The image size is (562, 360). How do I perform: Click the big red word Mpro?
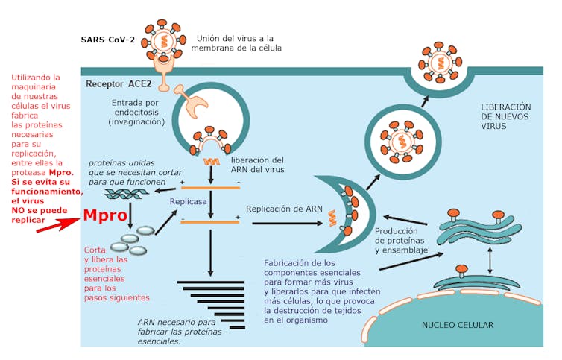(105, 215)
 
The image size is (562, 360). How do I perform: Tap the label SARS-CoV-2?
(108, 39)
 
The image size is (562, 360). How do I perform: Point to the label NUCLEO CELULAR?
(457, 325)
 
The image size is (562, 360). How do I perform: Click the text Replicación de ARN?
(284, 209)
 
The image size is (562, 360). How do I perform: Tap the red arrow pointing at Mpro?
(56, 224)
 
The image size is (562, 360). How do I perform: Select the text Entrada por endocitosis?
(137, 112)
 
